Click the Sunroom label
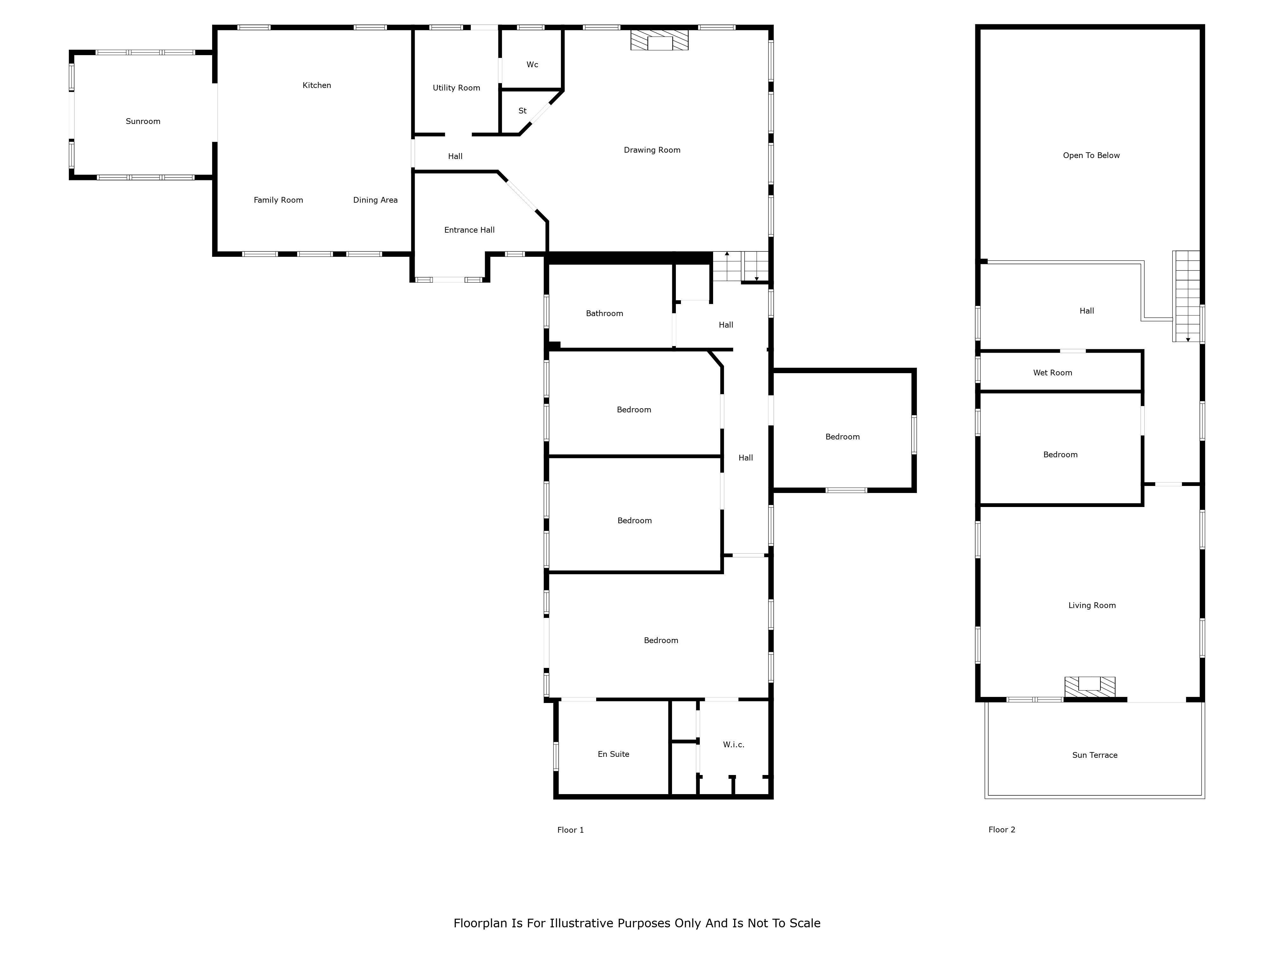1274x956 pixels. point(143,121)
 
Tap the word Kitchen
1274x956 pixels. point(317,85)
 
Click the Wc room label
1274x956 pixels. point(532,65)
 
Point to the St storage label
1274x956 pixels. point(522,111)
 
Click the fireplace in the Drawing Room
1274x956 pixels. point(660,40)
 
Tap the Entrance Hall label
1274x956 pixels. point(469,230)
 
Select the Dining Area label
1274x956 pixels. point(376,200)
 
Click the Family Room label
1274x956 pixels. point(278,200)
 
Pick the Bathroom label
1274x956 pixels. point(605,314)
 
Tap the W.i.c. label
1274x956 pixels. point(734,744)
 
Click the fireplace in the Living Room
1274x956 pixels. point(1090,686)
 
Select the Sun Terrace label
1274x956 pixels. point(1095,755)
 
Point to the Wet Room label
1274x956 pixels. point(1053,373)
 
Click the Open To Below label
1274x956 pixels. point(1091,156)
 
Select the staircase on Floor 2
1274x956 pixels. point(1186,296)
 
